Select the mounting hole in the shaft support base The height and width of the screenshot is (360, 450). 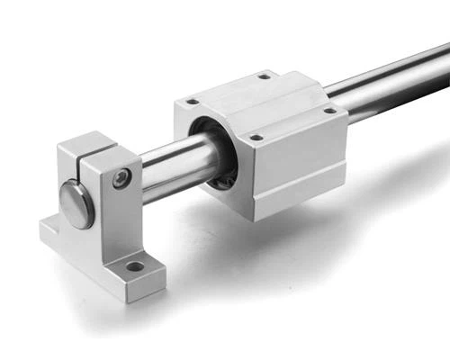coord(134,266)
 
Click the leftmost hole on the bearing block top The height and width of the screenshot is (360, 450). coord(191,102)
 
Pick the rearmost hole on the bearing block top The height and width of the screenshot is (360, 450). coord(264,76)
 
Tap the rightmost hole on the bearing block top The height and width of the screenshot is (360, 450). coord(328,111)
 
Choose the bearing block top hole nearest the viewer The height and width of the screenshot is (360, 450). coord(256,138)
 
